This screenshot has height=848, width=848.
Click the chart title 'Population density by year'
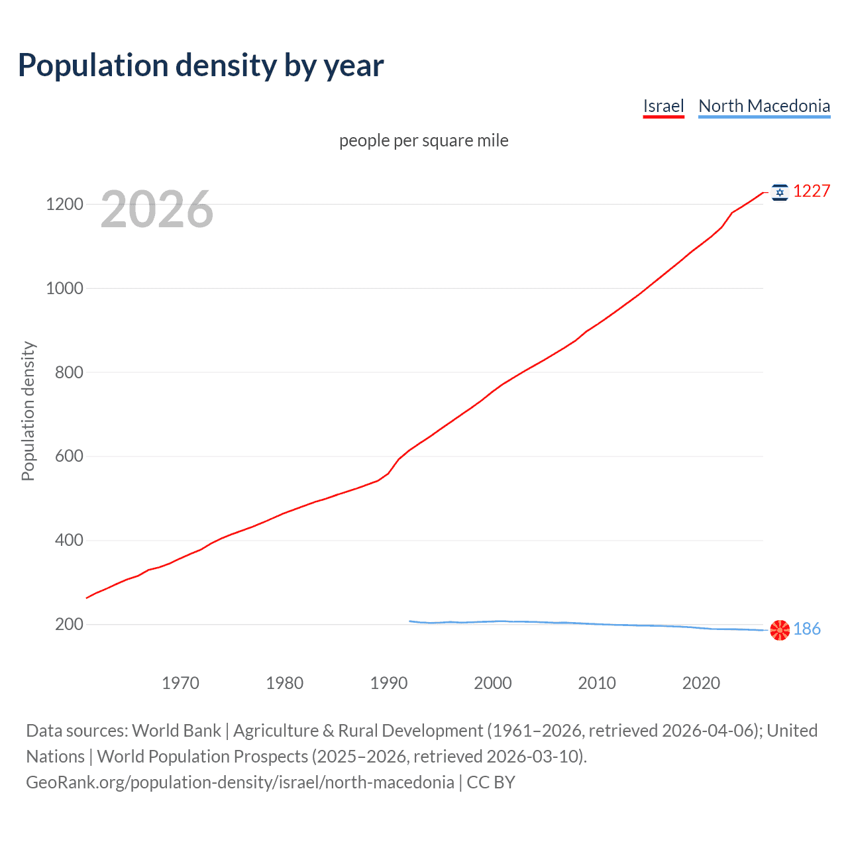click(x=201, y=66)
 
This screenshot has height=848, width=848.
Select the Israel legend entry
click(x=663, y=106)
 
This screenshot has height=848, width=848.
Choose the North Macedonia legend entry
click(x=764, y=106)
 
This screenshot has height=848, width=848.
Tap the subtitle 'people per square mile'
click(x=423, y=141)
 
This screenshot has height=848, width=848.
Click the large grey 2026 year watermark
click(x=157, y=209)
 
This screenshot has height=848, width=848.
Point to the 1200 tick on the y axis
click(x=64, y=204)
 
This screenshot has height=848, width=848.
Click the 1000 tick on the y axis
click(x=64, y=288)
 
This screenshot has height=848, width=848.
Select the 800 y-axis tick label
click(x=69, y=372)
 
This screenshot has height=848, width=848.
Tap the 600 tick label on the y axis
click(x=69, y=456)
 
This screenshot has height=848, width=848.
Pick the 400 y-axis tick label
click(x=69, y=541)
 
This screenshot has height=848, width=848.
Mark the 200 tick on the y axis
click(x=69, y=625)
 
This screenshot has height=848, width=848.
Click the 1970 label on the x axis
click(x=180, y=683)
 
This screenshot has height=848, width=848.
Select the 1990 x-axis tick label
click(x=389, y=683)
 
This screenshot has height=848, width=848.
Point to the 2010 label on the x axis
click(x=597, y=683)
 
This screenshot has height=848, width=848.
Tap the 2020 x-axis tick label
click(x=701, y=683)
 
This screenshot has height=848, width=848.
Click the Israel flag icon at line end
click(x=780, y=192)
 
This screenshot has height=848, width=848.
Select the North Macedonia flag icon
click(x=780, y=629)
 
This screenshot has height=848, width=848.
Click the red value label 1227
click(x=812, y=191)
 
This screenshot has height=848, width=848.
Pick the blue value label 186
click(x=807, y=629)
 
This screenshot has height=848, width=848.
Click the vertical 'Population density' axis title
click(x=28, y=411)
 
